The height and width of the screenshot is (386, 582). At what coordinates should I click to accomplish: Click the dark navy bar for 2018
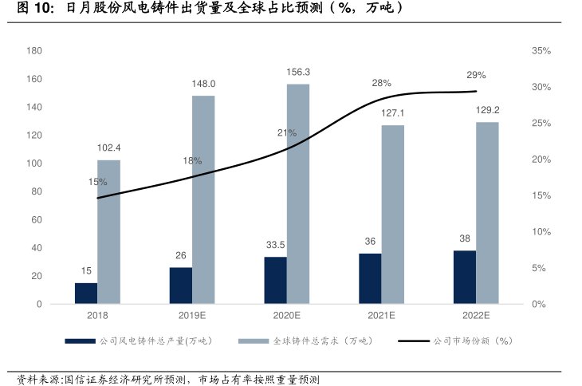86,293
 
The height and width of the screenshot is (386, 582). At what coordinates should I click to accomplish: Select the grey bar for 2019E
203,199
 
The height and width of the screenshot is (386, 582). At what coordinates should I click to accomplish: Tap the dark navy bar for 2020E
276,280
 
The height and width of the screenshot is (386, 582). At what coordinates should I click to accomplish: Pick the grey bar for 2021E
392,215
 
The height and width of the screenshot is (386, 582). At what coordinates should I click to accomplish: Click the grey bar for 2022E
487,213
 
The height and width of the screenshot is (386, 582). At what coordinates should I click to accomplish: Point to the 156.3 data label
298,72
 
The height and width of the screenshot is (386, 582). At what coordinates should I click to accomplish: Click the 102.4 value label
108,148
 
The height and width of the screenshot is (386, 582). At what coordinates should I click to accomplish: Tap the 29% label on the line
476,75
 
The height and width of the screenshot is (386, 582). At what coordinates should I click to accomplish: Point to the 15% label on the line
97,182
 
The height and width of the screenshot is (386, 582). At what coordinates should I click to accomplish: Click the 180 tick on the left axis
34,50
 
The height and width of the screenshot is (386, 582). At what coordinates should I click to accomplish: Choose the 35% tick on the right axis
541,50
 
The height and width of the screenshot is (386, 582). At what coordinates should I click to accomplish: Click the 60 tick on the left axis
37,219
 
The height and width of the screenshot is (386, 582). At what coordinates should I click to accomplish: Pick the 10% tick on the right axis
541,232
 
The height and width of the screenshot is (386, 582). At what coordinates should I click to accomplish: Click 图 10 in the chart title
30,9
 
